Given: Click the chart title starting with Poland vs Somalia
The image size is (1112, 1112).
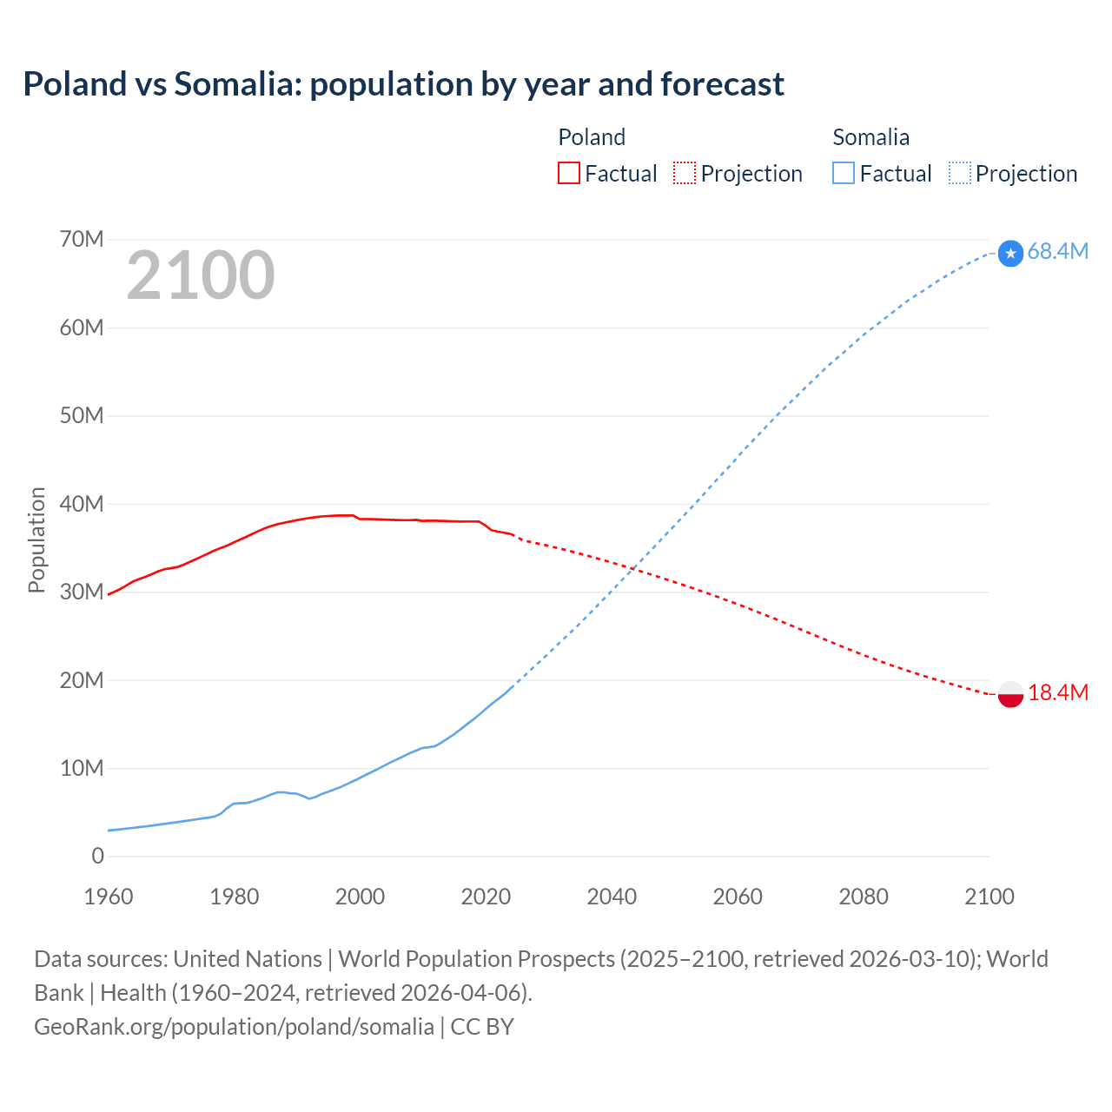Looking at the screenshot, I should coord(403,84).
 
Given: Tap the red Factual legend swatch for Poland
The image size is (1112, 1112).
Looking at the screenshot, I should coord(568,173).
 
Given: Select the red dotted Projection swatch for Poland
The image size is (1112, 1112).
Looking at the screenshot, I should coord(685,173).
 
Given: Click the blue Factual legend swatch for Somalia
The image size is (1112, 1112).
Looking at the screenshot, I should coord(843,173).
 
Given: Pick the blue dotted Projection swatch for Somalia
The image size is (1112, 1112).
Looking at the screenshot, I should coord(960,173).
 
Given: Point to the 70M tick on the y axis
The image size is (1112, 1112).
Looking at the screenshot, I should coord(82,239).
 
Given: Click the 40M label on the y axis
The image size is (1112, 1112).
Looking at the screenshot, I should coord(82,504).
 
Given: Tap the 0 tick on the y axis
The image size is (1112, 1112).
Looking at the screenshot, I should coord(97,856).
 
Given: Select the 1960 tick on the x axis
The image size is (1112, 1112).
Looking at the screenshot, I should coord(109,897).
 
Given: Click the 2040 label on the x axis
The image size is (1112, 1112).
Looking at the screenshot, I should coord(612,897).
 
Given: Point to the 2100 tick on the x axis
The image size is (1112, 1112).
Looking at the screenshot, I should coord(989,897).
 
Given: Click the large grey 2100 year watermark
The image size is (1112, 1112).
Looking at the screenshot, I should coord(201,275).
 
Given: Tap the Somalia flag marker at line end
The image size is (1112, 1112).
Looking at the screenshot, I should coord(1010,253).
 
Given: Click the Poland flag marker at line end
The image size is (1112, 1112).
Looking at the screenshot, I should coord(1010,694).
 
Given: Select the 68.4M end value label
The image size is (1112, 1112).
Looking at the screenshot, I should coord(1057,251).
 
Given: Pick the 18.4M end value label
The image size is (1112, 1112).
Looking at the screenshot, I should coord(1057,692).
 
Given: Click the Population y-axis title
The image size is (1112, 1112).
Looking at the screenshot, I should coord(36,539).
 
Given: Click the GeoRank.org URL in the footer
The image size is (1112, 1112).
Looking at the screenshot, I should coord(234,1026).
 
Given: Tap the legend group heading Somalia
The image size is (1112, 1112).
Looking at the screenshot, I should coord(870,137).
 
